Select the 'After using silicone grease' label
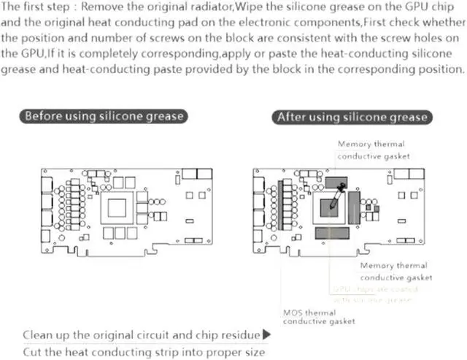click(x=352, y=117)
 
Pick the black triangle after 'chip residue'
click(x=266, y=334)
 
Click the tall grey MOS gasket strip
click(x=282, y=206)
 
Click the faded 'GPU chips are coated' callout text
click(x=372, y=294)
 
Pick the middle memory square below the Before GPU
click(x=121, y=233)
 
